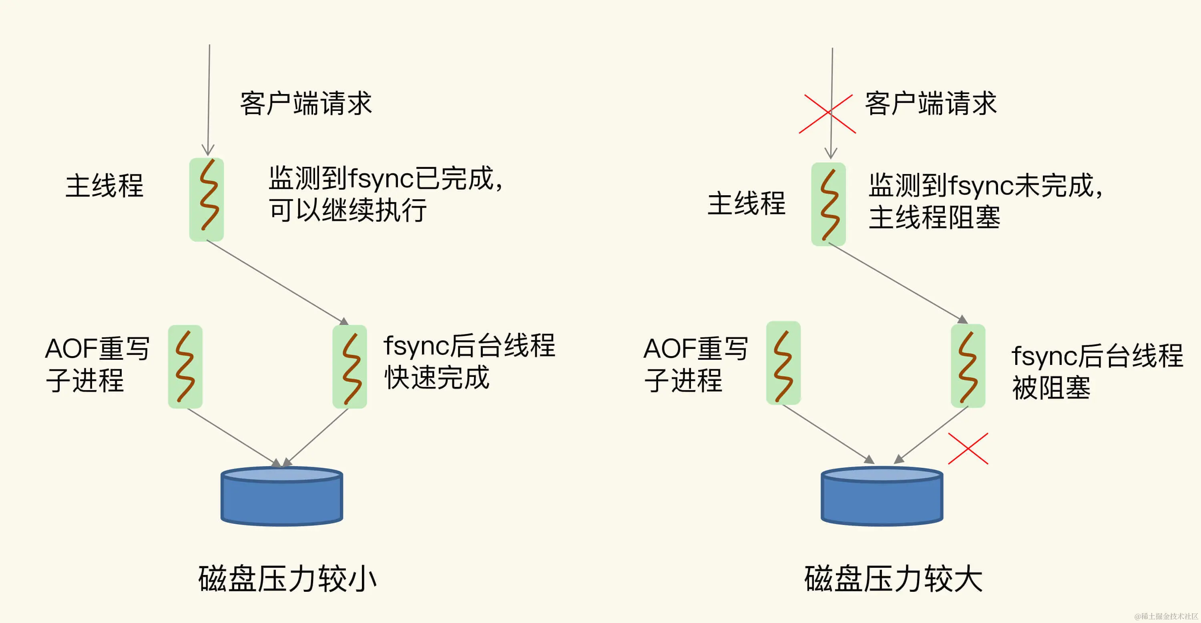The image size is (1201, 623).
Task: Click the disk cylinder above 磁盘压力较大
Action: point(882,497)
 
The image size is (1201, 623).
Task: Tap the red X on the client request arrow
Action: point(827,114)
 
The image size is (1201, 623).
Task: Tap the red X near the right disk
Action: point(968,449)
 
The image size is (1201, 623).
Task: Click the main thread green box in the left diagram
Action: point(207,199)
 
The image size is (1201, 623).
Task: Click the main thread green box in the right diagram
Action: point(828,204)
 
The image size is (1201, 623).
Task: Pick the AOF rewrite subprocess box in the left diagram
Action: point(185,367)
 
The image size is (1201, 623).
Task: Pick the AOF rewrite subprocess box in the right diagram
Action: point(783,363)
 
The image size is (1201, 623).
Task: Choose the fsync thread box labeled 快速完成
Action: point(349,367)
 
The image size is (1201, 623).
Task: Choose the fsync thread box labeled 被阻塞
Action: point(968,366)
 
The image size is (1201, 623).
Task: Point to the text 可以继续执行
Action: point(348,210)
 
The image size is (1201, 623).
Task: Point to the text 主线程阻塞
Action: point(934,218)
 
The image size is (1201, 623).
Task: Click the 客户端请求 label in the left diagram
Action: point(306,104)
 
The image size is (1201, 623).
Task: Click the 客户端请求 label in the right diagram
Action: point(931,104)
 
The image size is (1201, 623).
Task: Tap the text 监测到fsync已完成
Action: point(385,178)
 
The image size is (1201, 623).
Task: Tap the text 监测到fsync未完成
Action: point(985,185)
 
